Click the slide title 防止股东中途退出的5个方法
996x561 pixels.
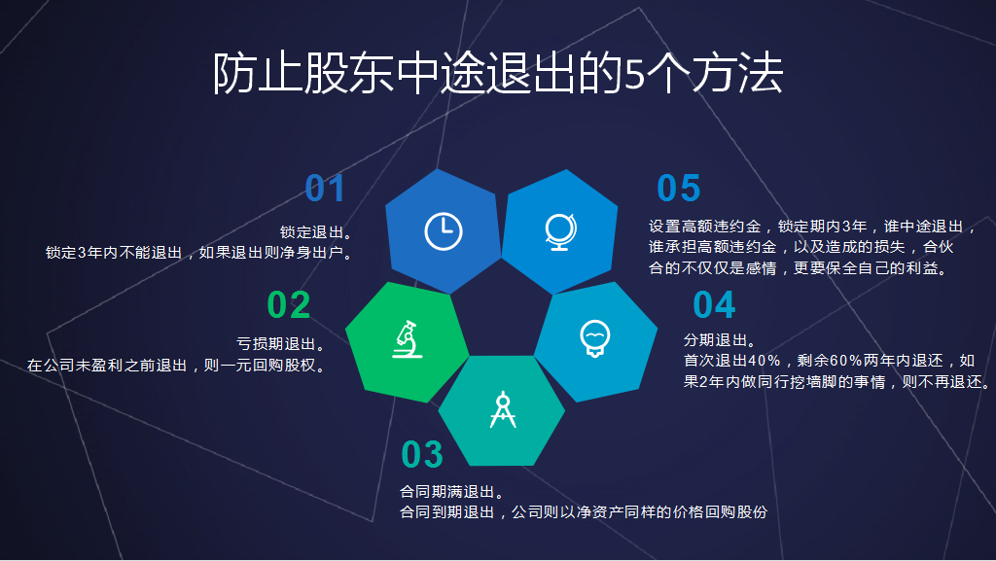pos(497,73)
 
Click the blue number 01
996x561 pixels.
pos(325,189)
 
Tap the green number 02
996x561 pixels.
pos(288,305)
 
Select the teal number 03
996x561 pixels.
pos(422,454)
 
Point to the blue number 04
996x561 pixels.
pos(714,305)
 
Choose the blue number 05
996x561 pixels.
pos(678,189)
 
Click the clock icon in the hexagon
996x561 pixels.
pos(444,231)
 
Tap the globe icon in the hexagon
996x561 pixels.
pos(559,231)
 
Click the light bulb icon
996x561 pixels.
pos(594,338)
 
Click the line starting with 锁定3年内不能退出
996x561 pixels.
pos(198,253)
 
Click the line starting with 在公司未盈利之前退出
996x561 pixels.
pos(175,366)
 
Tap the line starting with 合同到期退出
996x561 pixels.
pos(584,511)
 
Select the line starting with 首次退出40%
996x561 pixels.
pos(829,361)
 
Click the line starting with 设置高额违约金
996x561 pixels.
pos(812,227)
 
